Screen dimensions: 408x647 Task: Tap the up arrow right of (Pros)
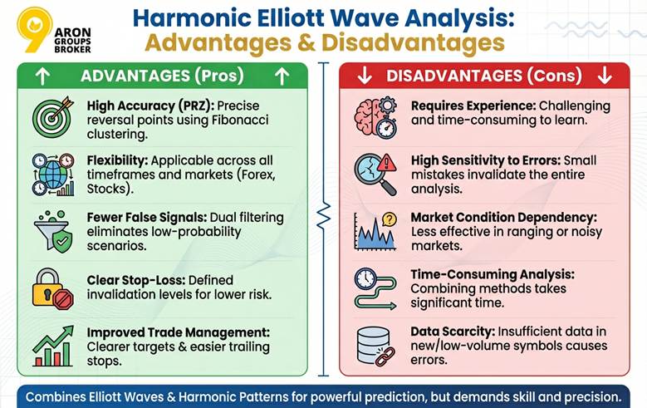[282, 76]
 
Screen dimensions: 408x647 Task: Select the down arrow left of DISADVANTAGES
[365, 76]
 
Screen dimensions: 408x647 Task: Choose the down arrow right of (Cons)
[604, 76]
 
